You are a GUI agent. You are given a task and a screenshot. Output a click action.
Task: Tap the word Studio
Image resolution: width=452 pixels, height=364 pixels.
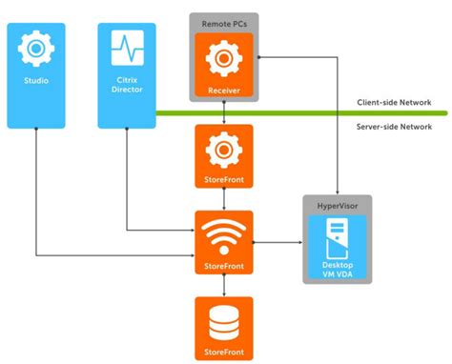click(36, 81)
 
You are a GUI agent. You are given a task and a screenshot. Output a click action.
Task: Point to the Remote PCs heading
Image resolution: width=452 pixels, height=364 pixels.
click(223, 22)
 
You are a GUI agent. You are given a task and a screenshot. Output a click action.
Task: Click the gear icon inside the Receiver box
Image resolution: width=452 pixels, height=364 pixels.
click(223, 57)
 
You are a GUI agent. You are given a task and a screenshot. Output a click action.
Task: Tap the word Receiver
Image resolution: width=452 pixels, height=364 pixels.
click(223, 91)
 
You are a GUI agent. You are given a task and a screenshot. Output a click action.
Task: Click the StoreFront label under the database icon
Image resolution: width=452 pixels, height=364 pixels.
click(223, 353)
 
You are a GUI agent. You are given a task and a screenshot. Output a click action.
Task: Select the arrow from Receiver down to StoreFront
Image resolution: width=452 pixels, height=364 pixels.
click(223, 113)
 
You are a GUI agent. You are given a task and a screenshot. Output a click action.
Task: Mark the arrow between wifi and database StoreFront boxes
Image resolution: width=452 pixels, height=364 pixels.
click(223, 287)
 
